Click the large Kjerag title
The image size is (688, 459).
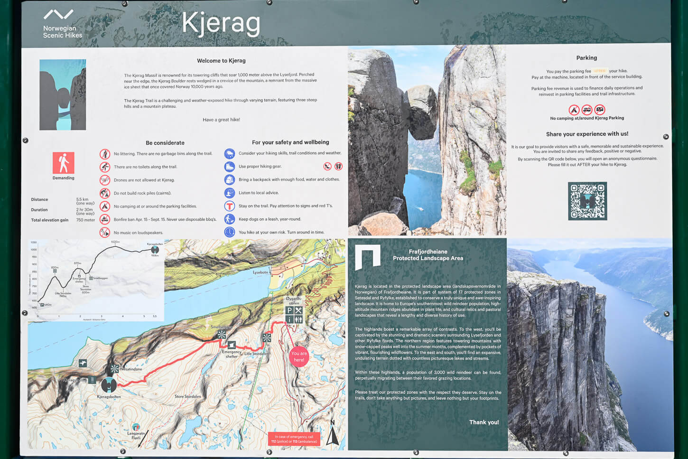coord(221,23)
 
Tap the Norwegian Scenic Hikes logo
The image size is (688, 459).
coord(62,24)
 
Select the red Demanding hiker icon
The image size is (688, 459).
coord(63,163)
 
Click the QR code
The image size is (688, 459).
coord(587,201)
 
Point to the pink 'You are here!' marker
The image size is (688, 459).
coord(299,356)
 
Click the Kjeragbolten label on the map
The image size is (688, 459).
coord(109,397)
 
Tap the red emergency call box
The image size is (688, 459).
coord(294,439)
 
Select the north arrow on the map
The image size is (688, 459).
coord(333,433)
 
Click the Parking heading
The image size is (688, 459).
coord(586,58)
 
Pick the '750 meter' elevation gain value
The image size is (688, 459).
coord(85,220)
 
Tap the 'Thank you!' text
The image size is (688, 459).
coord(484,422)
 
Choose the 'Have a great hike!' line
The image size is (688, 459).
coord(221,120)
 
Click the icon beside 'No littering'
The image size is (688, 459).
coord(105,154)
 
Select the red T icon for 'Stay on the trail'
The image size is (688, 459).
coord(230,206)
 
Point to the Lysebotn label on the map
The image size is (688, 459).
coord(260,272)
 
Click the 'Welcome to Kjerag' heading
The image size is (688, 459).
coord(221,61)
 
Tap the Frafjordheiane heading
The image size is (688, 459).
coord(428,252)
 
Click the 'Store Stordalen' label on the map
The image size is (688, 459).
coord(187,396)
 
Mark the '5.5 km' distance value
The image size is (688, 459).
coord(83,199)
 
